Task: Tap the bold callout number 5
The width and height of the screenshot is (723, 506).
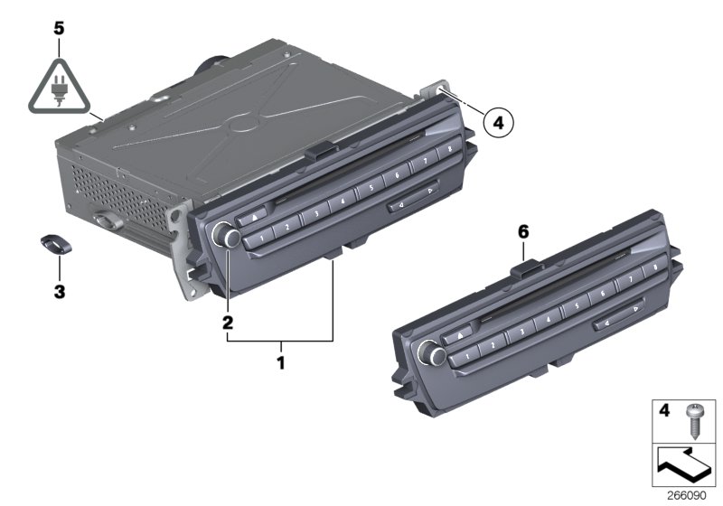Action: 59,29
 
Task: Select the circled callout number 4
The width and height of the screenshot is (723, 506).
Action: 498,123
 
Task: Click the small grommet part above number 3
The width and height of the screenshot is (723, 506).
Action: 56,243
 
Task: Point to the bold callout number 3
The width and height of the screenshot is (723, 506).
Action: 60,292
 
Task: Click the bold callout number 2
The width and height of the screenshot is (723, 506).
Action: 228,323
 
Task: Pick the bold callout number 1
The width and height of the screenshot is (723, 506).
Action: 280,362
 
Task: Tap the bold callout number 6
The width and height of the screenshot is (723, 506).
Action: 523,232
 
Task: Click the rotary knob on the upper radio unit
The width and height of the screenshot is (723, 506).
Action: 225,234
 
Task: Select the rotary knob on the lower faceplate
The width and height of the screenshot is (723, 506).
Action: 431,354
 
